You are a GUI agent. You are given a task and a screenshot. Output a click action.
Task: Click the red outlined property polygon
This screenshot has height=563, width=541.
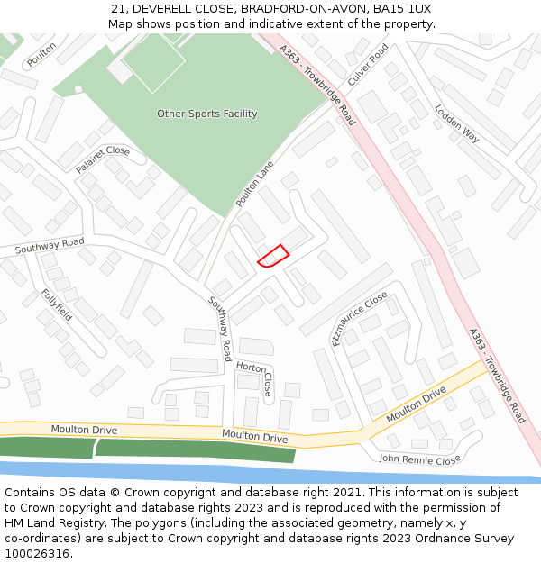tap(273, 257)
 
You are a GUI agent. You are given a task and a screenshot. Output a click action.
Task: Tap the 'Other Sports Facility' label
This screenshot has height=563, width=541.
tap(207, 114)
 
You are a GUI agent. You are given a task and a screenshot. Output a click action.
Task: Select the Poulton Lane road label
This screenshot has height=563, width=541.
tap(255, 185)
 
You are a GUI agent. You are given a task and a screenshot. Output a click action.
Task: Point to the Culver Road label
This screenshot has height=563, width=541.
tap(368, 64)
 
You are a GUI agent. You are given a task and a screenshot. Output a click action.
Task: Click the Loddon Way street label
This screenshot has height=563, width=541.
tap(457, 123)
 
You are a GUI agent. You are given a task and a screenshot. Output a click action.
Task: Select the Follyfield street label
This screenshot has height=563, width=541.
tap(57, 305)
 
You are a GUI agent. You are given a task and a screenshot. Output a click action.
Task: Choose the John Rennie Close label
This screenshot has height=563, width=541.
tap(420, 459)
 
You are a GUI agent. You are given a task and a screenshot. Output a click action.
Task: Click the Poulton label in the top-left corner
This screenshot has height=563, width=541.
tap(41, 54)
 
